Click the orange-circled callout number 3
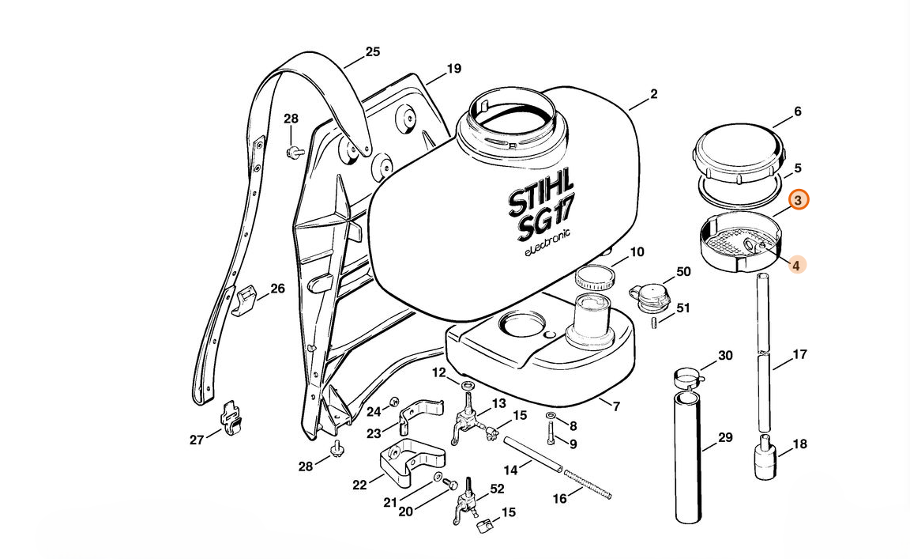(x=798, y=201)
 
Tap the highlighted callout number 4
(x=796, y=266)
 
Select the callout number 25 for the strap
(x=372, y=52)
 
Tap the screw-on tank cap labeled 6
(x=739, y=156)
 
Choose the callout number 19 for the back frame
(x=453, y=69)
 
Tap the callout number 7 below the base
(x=616, y=407)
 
